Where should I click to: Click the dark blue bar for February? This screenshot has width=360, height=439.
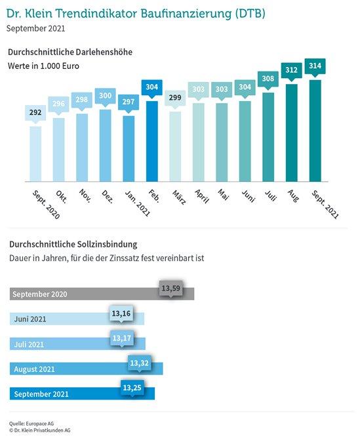pyautogui.click(x=152, y=141)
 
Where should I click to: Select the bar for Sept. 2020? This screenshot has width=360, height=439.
pyautogui.click(x=35, y=154)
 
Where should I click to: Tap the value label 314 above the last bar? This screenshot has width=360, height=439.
pyautogui.click(x=315, y=66)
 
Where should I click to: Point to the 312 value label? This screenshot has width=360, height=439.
pyautogui.click(x=291, y=70)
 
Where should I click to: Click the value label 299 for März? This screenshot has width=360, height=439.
pyautogui.click(x=175, y=97)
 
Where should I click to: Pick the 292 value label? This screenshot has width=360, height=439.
pyautogui.click(x=35, y=112)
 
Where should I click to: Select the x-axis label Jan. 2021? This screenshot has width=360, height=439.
pyautogui.click(x=138, y=203)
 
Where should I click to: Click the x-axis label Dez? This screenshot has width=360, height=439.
pyautogui.click(x=108, y=197)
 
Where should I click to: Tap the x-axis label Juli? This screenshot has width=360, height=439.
pyautogui.click(x=271, y=196)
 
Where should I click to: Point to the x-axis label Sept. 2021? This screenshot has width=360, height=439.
pyautogui.click(x=325, y=204)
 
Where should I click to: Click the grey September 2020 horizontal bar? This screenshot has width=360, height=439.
pyautogui.click(x=102, y=294)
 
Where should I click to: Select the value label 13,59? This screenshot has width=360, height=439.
pyautogui.click(x=171, y=288)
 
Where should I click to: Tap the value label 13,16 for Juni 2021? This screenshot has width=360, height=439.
pyautogui.click(x=121, y=313)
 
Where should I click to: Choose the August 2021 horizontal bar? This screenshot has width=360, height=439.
pyautogui.click(x=86, y=369)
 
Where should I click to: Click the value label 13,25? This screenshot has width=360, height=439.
pyautogui.click(x=132, y=388)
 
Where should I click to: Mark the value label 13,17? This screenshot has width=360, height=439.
pyautogui.click(x=122, y=338)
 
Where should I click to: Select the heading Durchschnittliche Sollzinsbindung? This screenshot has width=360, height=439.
pyautogui.click(x=73, y=244)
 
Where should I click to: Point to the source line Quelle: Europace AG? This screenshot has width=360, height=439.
pyautogui.click(x=31, y=424)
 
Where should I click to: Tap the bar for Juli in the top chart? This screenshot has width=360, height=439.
pyautogui.click(x=268, y=137)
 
